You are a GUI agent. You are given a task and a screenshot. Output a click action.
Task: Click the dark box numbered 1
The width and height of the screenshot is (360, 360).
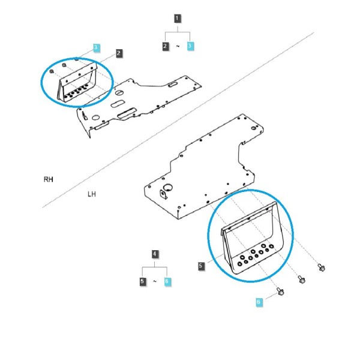[x=177, y=19]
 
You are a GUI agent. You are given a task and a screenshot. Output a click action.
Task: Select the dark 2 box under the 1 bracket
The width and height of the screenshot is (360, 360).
[x=166, y=46]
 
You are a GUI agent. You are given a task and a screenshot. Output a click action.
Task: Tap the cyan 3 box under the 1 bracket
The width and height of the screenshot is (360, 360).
[x=190, y=46]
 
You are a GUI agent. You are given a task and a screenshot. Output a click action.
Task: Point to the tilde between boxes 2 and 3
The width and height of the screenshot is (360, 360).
[x=178, y=46]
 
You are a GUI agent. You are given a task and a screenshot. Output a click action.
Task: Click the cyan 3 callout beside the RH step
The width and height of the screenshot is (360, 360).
[x=96, y=48]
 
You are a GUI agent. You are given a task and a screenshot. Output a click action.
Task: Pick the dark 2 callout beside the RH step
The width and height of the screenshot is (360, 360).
[x=119, y=53]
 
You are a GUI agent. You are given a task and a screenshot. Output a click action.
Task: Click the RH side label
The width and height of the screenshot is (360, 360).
[x=48, y=179]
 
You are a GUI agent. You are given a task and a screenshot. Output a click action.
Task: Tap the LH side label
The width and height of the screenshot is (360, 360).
[x=92, y=194]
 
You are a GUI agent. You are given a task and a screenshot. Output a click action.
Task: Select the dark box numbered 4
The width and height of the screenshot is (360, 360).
[x=155, y=254]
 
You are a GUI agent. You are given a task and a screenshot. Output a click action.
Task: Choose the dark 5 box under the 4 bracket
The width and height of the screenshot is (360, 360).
[x=143, y=281]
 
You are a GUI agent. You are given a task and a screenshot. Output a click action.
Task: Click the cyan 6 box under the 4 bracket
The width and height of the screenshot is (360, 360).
[x=167, y=281]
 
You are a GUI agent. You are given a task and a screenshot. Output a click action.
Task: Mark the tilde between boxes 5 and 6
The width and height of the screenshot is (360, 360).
[x=155, y=281]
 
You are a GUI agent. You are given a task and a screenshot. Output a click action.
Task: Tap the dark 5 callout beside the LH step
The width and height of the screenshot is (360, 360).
[x=201, y=266]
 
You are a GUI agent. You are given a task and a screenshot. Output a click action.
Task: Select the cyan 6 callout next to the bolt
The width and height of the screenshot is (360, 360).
[x=259, y=301]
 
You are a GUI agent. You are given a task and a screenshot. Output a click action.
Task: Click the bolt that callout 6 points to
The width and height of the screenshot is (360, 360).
[x=280, y=292]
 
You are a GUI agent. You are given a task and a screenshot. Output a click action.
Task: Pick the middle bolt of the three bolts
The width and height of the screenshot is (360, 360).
[x=301, y=280]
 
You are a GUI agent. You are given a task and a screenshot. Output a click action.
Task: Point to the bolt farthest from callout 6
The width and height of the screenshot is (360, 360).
[x=321, y=268]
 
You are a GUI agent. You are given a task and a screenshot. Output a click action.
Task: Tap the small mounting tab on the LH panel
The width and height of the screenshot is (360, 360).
[x=164, y=194]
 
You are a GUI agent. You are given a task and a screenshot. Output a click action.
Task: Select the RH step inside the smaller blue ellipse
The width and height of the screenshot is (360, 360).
[x=77, y=83]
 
